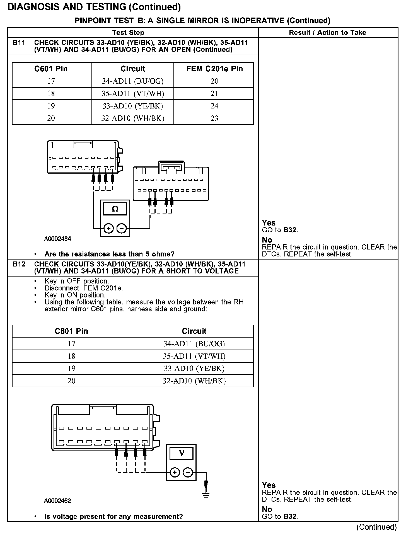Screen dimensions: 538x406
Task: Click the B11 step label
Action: click(x=19, y=43)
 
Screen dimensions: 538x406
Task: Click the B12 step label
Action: click(x=19, y=264)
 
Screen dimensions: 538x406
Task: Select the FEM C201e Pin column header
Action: click(x=214, y=69)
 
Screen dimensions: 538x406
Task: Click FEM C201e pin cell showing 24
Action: click(x=214, y=106)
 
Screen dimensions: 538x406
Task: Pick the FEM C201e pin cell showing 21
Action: click(x=214, y=94)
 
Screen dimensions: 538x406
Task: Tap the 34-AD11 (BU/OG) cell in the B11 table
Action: click(x=133, y=81)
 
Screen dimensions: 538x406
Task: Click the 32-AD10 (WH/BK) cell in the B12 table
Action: click(x=194, y=381)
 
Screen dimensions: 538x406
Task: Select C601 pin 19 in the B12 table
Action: click(x=72, y=369)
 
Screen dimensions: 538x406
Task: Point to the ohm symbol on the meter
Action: click(x=115, y=209)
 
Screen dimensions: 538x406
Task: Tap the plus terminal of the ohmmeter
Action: click(x=108, y=229)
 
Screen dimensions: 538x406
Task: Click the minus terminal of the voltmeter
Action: click(x=188, y=472)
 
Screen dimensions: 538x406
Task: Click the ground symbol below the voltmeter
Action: click(x=206, y=495)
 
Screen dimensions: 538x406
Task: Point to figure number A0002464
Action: click(x=57, y=239)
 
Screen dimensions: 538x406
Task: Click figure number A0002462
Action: click(x=57, y=501)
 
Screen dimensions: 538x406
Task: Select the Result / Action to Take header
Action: click(x=327, y=33)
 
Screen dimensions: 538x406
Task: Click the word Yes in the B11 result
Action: click(x=269, y=223)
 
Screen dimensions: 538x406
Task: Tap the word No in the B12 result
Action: click(x=267, y=509)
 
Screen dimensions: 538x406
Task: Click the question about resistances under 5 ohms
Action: click(x=109, y=254)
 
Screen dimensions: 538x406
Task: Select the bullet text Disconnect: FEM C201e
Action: click(x=84, y=288)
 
